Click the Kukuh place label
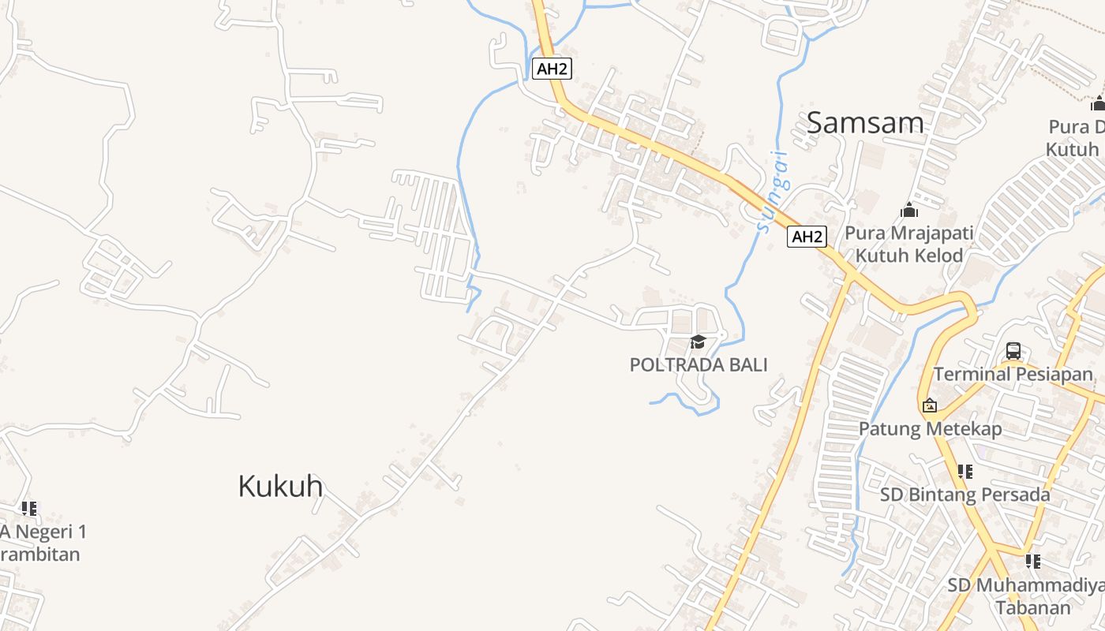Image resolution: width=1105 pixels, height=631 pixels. pyautogui.click(x=280, y=486)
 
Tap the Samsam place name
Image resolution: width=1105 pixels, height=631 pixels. pyautogui.click(x=865, y=123)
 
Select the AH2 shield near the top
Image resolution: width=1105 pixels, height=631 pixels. pyautogui.click(x=552, y=69)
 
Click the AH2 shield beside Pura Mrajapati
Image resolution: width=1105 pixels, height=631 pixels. pyautogui.click(x=807, y=237)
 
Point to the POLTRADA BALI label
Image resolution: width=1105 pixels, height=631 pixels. pyautogui.click(x=698, y=364)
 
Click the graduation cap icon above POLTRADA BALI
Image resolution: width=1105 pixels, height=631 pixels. pyautogui.click(x=698, y=342)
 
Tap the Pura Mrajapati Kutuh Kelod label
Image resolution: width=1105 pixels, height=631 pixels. pyautogui.click(x=909, y=245)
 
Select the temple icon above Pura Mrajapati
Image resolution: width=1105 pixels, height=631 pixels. pyautogui.click(x=909, y=210)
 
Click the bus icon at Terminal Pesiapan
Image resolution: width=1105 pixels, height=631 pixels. pyautogui.click(x=1013, y=351)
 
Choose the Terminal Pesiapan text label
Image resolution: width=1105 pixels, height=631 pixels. pyautogui.click(x=1013, y=374)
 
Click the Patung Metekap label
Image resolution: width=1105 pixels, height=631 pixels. pyautogui.click(x=930, y=429)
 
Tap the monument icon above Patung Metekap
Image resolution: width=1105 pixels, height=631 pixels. pyautogui.click(x=930, y=405)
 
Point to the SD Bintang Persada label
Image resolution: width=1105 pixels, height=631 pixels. pyautogui.click(x=965, y=495)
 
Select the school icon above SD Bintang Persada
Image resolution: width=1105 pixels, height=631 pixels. pyautogui.click(x=965, y=472)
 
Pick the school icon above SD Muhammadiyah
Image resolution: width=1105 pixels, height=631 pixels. pyautogui.click(x=1032, y=562)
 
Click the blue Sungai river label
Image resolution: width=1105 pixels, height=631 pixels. pyautogui.click(x=773, y=192)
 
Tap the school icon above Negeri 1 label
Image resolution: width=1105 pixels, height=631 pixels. pyautogui.click(x=29, y=509)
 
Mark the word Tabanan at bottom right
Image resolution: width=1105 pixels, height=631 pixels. pyautogui.click(x=1033, y=607)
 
